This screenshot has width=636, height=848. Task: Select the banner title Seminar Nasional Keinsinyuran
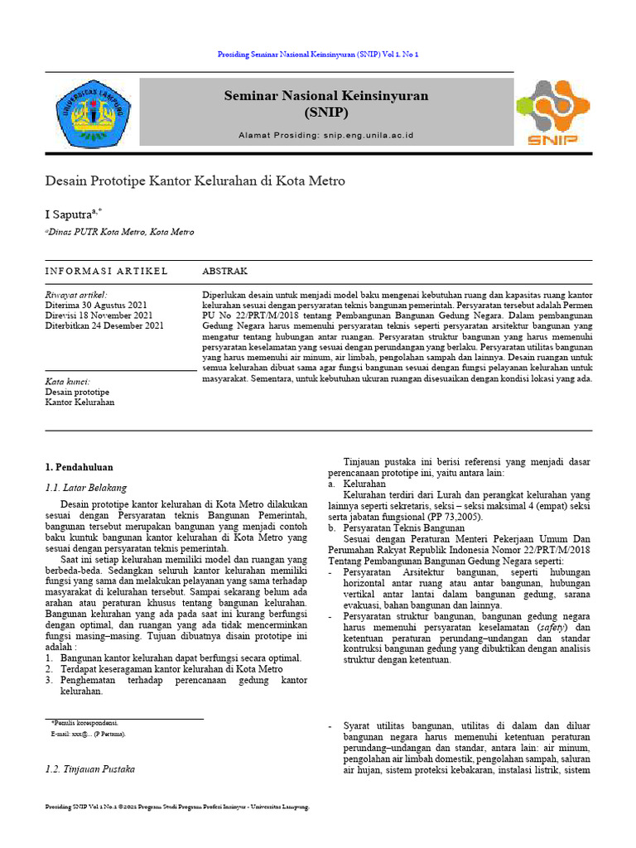tap(326, 96)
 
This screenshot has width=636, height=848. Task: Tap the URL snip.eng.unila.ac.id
tap(368, 134)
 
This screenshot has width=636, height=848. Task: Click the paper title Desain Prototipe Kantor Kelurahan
tap(195, 181)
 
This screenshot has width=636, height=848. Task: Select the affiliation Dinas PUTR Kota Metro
tap(121, 233)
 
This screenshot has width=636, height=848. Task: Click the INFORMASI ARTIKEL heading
tap(106, 272)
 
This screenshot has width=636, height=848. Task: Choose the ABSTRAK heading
tap(224, 272)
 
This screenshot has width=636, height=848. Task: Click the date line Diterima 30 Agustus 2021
tap(98, 305)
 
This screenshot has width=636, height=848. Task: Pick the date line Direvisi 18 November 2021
tap(99, 316)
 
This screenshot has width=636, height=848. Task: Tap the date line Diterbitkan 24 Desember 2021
tap(104, 326)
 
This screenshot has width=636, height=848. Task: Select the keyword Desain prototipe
tap(77, 392)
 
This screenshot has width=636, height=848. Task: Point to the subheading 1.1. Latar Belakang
tap(86, 488)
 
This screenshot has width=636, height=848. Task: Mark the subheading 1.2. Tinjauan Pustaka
tap(90, 769)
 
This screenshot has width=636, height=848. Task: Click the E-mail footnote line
tap(88, 735)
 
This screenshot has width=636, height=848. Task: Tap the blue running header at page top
tap(318, 54)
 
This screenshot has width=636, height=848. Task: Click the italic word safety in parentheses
tap(542, 626)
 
